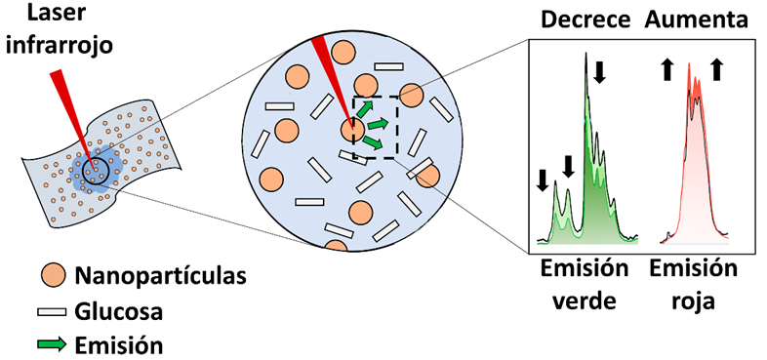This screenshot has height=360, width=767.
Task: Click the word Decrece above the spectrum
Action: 585,20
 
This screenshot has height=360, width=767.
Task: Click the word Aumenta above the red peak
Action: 696,20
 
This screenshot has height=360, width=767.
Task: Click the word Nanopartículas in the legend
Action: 160,276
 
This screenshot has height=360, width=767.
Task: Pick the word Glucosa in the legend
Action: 118,311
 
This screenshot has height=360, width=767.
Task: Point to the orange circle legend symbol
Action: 53,275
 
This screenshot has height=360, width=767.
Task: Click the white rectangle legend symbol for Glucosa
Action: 52,311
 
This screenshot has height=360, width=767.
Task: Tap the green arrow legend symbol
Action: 52,344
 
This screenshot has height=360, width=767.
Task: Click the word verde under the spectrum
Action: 584,301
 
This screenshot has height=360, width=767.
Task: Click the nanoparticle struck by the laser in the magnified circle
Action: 352,131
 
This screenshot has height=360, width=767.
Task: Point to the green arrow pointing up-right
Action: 364,109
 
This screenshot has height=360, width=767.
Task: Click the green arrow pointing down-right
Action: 372,141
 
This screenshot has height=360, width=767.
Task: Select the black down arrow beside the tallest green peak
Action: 600,72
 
